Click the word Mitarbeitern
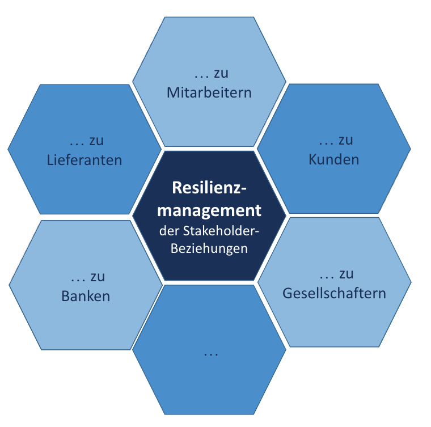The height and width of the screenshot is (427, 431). coord(209,92)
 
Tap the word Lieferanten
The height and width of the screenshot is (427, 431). coord(84,160)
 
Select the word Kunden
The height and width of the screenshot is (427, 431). coord(333,160)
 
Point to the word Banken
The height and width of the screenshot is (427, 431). coord(86,296)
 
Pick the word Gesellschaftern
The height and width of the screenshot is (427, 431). coord(334,293)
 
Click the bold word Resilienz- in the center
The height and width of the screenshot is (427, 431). coord(209,188)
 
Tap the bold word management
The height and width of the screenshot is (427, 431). coord(209,210)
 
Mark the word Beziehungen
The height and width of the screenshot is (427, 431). coord(209,249)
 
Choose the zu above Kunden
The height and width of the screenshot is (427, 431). coord(345,141)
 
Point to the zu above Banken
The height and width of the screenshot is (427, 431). coord(97,278)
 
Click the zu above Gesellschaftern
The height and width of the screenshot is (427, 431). coord(346,275)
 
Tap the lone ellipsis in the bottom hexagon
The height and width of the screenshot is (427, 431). coord(210,354)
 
